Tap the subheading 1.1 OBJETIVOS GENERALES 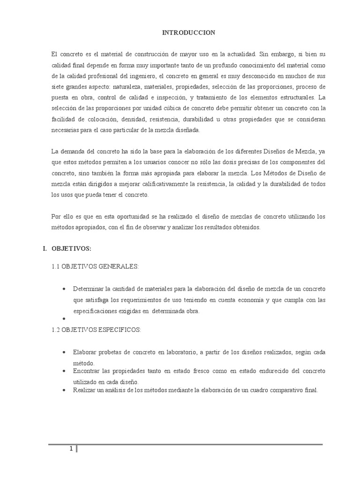pos(95,267)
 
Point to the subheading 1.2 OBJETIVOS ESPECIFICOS pos(96,330)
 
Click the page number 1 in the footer pos(71,449)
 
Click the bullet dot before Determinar pos(63,289)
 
